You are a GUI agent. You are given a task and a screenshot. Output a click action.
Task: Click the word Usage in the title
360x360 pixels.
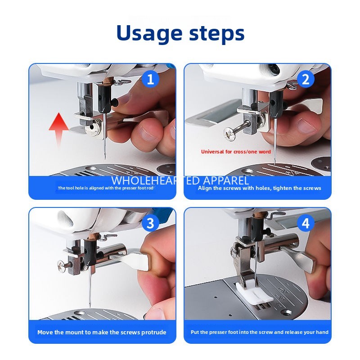(148, 33)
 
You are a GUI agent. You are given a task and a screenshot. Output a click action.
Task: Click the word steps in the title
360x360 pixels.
(215, 34)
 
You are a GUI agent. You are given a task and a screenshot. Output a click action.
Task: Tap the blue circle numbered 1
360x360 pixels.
(151, 80)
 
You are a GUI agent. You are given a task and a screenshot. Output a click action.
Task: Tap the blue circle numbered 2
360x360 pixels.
(306, 80)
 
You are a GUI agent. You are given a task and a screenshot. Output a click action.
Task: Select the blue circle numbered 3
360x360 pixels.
(151, 223)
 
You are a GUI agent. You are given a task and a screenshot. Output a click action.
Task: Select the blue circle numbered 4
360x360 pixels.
(306, 223)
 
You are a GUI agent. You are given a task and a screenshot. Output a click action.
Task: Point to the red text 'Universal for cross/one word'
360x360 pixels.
(236, 152)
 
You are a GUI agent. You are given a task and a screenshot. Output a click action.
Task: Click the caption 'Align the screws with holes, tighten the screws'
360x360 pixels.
(259, 188)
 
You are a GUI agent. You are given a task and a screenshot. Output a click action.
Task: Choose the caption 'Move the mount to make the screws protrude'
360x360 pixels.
(102, 333)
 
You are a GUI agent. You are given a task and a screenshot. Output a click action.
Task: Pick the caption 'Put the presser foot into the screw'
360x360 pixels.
(259, 333)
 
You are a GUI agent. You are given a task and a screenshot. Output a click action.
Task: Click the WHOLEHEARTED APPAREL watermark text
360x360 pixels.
(180, 180)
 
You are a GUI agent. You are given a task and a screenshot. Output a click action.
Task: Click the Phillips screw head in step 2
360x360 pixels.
(229, 132)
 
